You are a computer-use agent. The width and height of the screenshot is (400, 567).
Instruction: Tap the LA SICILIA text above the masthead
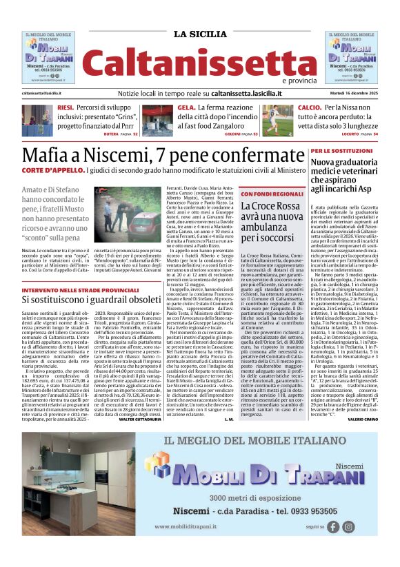coord(199,34)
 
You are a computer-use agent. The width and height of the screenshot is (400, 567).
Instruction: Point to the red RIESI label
coord(66,108)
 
